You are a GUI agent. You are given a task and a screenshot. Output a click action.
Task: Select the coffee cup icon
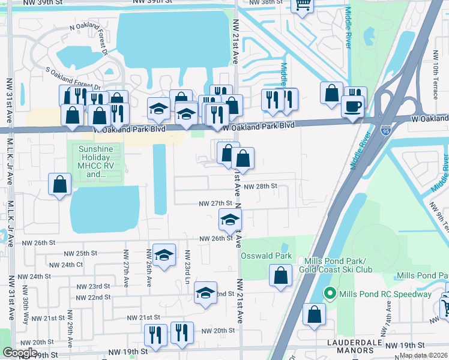coord(352,106)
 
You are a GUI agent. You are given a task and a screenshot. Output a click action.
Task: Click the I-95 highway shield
coord(385,130)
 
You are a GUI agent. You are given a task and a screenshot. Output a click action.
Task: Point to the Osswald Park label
coord(266,256)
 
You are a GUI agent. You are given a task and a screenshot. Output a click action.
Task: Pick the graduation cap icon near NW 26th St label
coord(229,220)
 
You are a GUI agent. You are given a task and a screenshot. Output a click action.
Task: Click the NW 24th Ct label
coord(67,265)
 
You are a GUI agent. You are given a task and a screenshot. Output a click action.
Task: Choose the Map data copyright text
coord(424,355)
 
